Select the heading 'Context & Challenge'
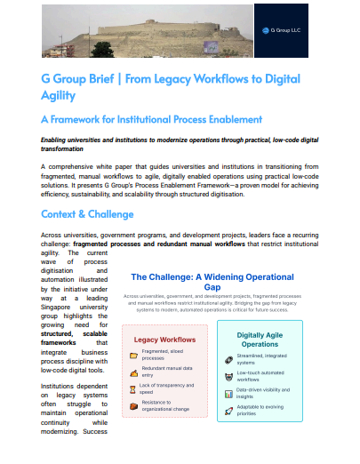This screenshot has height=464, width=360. click(88, 214)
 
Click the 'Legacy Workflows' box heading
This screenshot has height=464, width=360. click(164, 340)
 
